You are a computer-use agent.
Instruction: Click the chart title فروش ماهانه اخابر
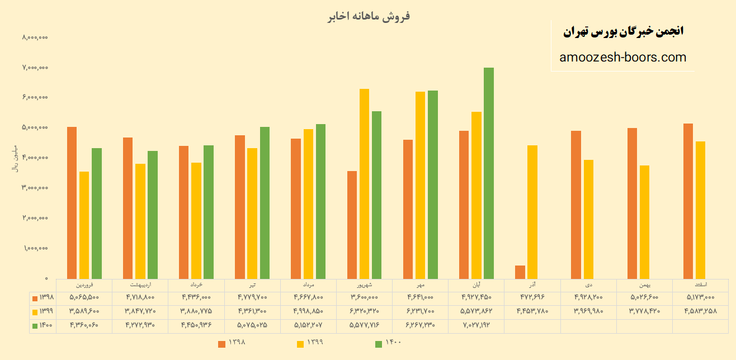click(369, 16)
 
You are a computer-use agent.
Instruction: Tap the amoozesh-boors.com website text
click(622, 57)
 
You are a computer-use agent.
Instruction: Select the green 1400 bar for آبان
click(489, 173)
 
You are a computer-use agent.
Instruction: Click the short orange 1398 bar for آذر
click(520, 272)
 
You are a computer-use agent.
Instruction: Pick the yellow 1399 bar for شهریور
click(364, 183)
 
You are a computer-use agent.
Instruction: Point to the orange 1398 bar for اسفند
click(688, 201)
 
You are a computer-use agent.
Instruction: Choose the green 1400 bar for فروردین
click(97, 213)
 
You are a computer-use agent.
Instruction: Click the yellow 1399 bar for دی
click(588, 219)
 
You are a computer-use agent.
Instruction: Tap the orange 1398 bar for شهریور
click(352, 225)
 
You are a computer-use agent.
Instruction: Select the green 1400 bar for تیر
click(265, 202)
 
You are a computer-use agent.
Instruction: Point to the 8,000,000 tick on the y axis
click(35, 37)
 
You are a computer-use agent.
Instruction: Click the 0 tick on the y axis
click(46, 278)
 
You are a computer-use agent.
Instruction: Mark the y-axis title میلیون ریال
click(15, 158)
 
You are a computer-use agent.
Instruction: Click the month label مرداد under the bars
click(308, 285)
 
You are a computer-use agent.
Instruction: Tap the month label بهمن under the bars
click(644, 285)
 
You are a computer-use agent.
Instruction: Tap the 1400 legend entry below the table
click(388, 343)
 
